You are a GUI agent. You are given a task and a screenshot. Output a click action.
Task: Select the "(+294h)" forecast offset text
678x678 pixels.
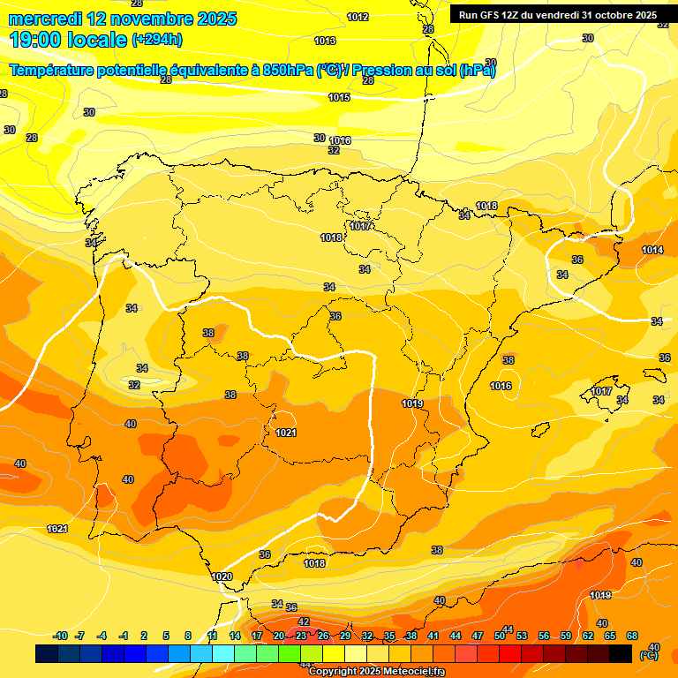point(156,40)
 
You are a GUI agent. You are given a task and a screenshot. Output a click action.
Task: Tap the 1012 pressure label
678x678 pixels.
point(358,17)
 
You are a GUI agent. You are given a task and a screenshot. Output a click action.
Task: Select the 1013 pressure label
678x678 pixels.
point(325,41)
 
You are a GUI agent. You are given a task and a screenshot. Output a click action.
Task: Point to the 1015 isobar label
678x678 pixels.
point(339,97)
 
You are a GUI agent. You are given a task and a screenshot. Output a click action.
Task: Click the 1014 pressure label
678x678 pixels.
point(652,250)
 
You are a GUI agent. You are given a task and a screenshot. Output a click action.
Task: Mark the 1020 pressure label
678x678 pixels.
point(222,576)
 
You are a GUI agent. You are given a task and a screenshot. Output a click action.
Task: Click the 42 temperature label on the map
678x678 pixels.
point(304,621)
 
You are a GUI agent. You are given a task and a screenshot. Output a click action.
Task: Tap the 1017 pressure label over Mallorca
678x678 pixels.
point(601,391)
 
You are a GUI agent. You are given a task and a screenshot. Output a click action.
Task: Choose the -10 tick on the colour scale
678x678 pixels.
point(60,636)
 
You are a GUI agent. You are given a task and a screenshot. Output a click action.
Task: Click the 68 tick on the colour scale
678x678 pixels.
point(632,636)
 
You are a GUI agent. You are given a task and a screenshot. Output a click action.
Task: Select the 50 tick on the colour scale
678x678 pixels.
point(500,636)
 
